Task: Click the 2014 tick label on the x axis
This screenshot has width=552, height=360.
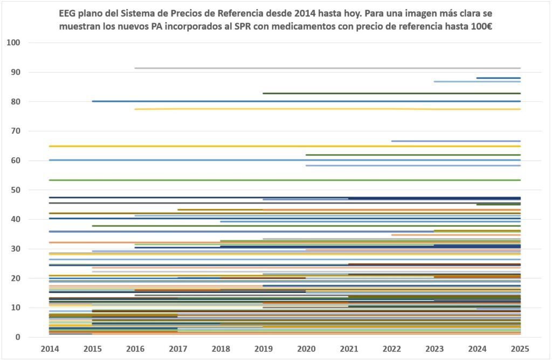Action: [x=49, y=349]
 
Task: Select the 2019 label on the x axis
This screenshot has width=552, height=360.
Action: [x=263, y=349]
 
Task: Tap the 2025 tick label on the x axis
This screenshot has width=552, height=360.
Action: [x=520, y=349]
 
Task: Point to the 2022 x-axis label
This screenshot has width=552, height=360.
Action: [x=391, y=349]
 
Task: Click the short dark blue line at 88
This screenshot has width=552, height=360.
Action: [x=498, y=78]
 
